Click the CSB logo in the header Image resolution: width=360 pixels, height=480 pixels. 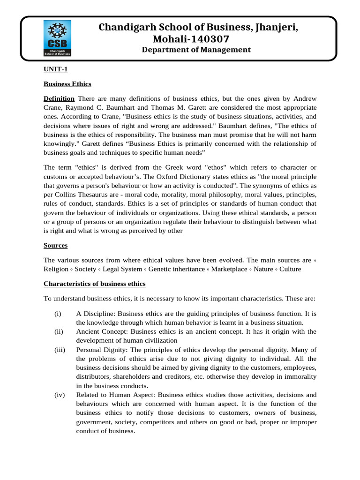[57, 39]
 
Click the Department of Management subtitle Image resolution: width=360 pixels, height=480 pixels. [196, 50]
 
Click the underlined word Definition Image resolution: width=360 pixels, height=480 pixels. [59, 98]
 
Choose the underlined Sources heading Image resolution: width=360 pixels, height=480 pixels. [56, 245]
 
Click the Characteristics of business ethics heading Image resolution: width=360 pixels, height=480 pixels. [95, 284]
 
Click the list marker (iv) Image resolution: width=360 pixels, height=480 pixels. [59, 395]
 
